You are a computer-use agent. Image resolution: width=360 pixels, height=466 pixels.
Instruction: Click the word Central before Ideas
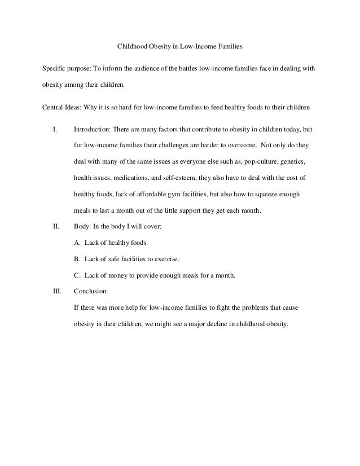pyautogui.click(x=54, y=108)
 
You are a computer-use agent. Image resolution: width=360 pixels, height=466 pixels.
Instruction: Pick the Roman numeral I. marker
pyautogui.click(x=55, y=130)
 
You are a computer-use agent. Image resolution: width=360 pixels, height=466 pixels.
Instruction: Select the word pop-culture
pyautogui.click(x=258, y=162)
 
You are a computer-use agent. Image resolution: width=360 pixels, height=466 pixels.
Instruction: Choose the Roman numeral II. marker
pyautogui.click(x=56, y=227)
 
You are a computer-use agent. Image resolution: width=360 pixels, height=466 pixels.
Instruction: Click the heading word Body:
pyautogui.click(x=84, y=227)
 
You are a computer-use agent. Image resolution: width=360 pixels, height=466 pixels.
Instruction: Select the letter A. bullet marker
pyautogui.click(x=77, y=243)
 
